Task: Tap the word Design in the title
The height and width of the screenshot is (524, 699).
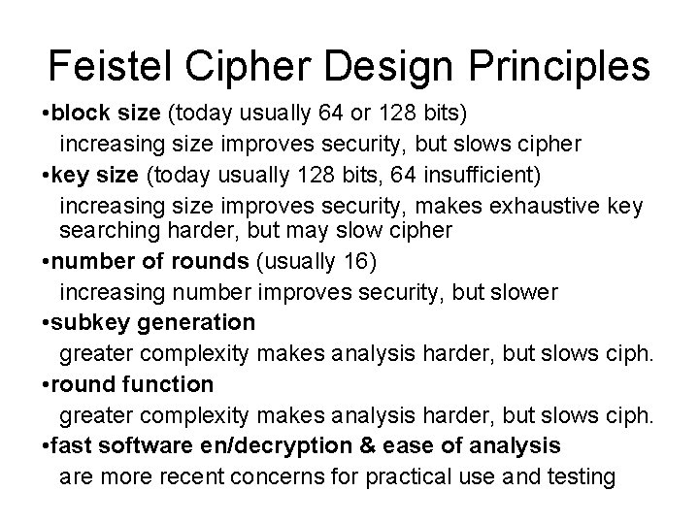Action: [382, 67]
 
